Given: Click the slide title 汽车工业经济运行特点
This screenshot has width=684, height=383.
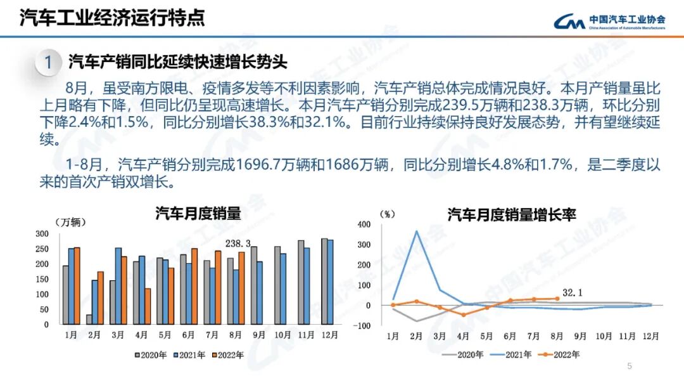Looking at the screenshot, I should click(x=112, y=18).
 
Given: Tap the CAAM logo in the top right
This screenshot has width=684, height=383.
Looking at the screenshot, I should click(x=609, y=22).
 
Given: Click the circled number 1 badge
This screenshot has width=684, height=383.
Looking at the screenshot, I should click(x=48, y=63).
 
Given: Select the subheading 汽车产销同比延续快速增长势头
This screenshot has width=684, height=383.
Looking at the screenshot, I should click(x=178, y=62).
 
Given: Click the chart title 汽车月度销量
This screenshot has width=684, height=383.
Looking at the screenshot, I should click(x=198, y=214).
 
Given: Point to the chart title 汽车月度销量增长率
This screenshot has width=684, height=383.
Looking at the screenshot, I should click(x=512, y=214).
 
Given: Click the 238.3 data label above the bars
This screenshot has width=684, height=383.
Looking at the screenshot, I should click(x=239, y=243).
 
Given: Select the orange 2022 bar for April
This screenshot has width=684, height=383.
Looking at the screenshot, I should click(x=148, y=306).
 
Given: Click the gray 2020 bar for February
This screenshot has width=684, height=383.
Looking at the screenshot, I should click(x=89, y=319).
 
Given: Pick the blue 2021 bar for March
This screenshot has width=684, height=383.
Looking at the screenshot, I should click(x=118, y=285).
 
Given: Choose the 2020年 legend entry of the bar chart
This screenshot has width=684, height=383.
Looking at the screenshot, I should click(x=152, y=355).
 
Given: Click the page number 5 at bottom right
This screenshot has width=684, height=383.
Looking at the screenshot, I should click(x=629, y=366).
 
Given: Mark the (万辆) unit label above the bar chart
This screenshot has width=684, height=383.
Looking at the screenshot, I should click(x=70, y=222).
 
